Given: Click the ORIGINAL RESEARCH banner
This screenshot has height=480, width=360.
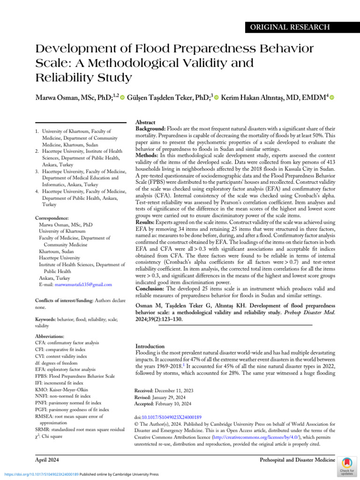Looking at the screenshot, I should tap(300, 28).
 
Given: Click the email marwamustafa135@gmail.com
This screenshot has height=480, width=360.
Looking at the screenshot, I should tap(89, 285).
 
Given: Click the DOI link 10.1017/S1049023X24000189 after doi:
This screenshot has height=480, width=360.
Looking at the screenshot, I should tap(165, 416).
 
